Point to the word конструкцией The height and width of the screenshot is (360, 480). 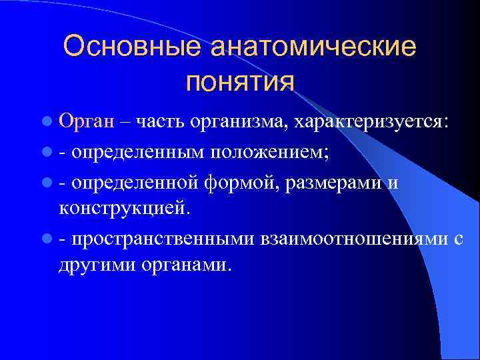pos(125,208)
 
